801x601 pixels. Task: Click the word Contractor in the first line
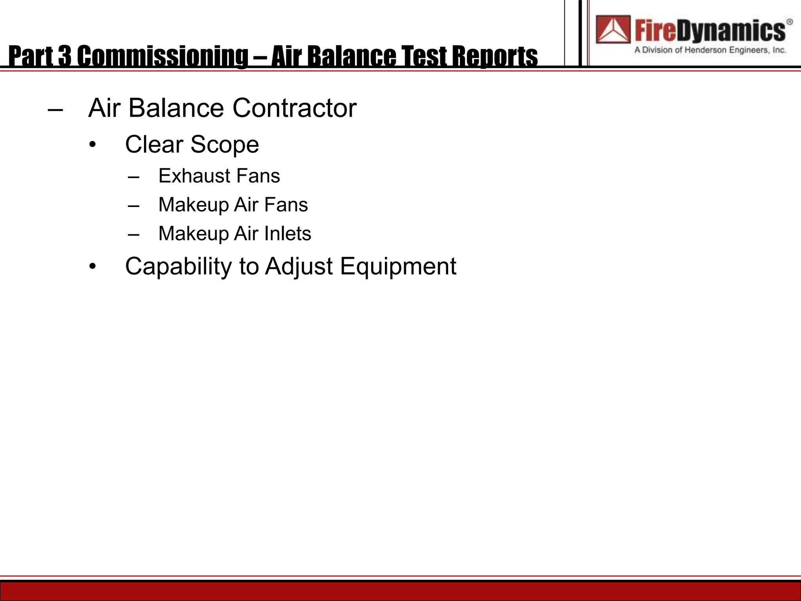pos(294,108)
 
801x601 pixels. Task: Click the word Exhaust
pos(194,176)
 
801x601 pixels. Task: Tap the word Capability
pos(178,267)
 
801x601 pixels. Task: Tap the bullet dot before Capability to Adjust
pos(92,267)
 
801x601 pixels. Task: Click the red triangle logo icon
pos(613,30)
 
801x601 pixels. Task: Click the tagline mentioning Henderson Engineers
pos(710,50)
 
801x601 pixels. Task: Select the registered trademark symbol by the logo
pos(789,22)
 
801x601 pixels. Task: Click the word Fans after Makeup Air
pos(286,205)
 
